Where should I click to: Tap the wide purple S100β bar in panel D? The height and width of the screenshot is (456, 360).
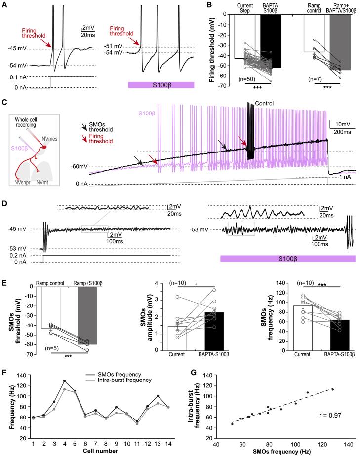click(x=287, y=259)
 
